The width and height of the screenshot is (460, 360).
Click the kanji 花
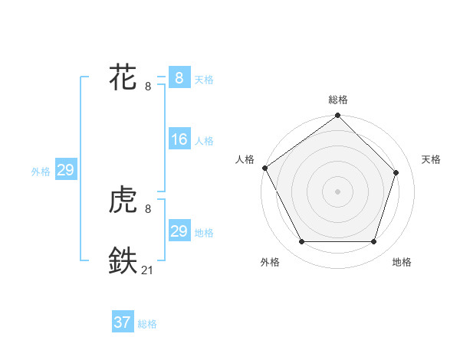tap(123, 78)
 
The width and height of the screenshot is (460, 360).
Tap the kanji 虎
tap(123, 201)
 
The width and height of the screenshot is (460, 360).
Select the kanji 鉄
tap(123, 260)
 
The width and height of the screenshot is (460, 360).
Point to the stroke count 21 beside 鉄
tap(147, 270)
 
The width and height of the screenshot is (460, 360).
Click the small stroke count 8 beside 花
tap(148, 87)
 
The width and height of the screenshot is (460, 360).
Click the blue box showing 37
tap(123, 322)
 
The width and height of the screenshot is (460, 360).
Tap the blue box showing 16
tap(179, 139)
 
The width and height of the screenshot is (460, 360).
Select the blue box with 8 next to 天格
tap(179, 78)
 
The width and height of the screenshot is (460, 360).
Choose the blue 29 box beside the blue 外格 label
tap(65, 170)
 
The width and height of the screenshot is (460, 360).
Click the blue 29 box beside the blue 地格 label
tap(179, 231)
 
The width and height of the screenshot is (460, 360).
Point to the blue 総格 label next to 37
tap(147, 324)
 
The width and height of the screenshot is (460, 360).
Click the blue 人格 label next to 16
tap(204, 141)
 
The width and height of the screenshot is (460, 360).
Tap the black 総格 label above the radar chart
tap(338, 100)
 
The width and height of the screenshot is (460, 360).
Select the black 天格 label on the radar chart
tap(432, 159)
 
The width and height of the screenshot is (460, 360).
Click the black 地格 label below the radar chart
tap(402, 262)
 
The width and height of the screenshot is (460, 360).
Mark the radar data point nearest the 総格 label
tap(338, 116)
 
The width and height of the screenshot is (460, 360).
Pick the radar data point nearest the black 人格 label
tap(265, 168)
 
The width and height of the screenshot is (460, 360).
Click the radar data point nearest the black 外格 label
tap(301, 242)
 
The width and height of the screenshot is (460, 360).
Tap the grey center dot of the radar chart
tap(338, 191)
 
